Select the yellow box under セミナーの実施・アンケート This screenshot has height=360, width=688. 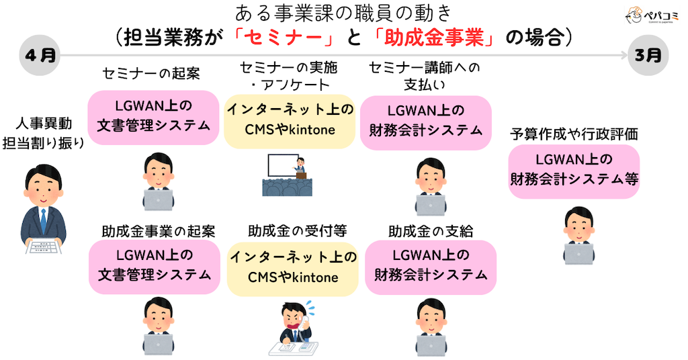pos(290,120)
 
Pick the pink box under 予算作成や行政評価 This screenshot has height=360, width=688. pos(573,171)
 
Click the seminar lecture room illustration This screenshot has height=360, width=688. pos(288,175)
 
